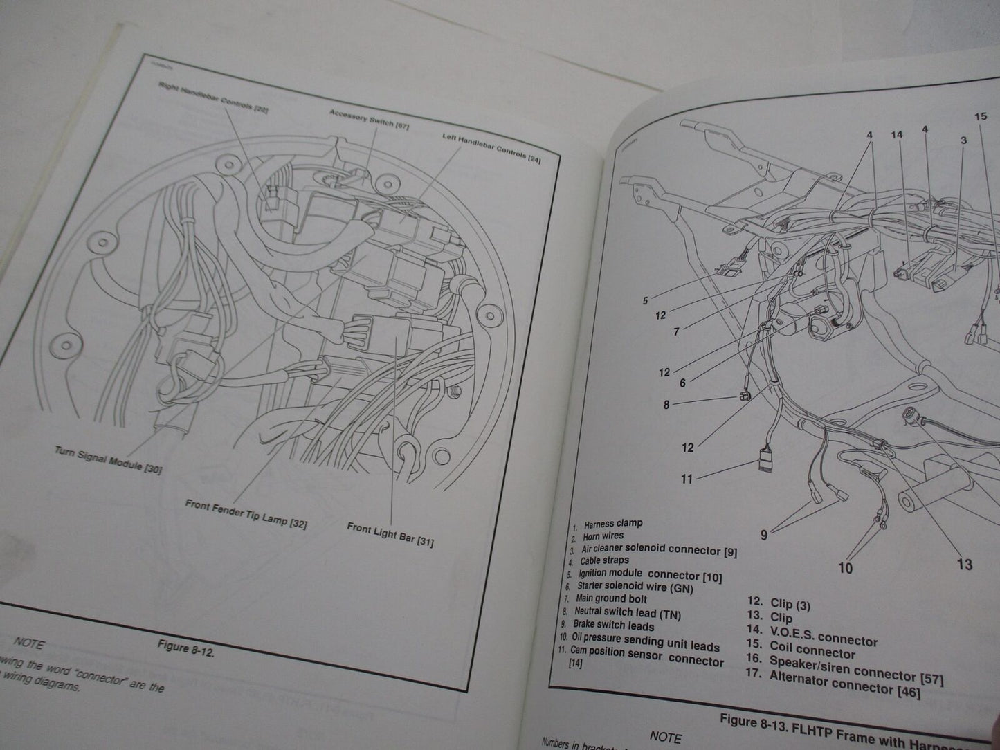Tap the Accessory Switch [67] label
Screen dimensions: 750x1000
point(361,118)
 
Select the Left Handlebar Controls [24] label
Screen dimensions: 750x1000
point(491,147)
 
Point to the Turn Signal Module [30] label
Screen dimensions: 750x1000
point(108,459)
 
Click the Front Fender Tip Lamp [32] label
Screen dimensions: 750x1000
point(246,513)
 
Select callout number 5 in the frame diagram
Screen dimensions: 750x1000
point(645,301)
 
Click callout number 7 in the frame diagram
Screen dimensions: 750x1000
point(676,331)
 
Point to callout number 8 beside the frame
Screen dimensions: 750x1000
point(666,405)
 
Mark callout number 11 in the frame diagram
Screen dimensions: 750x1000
point(687,478)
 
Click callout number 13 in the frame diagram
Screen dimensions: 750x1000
point(964,565)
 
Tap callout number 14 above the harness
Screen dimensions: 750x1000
point(897,134)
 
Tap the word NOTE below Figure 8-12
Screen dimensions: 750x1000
point(28,643)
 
